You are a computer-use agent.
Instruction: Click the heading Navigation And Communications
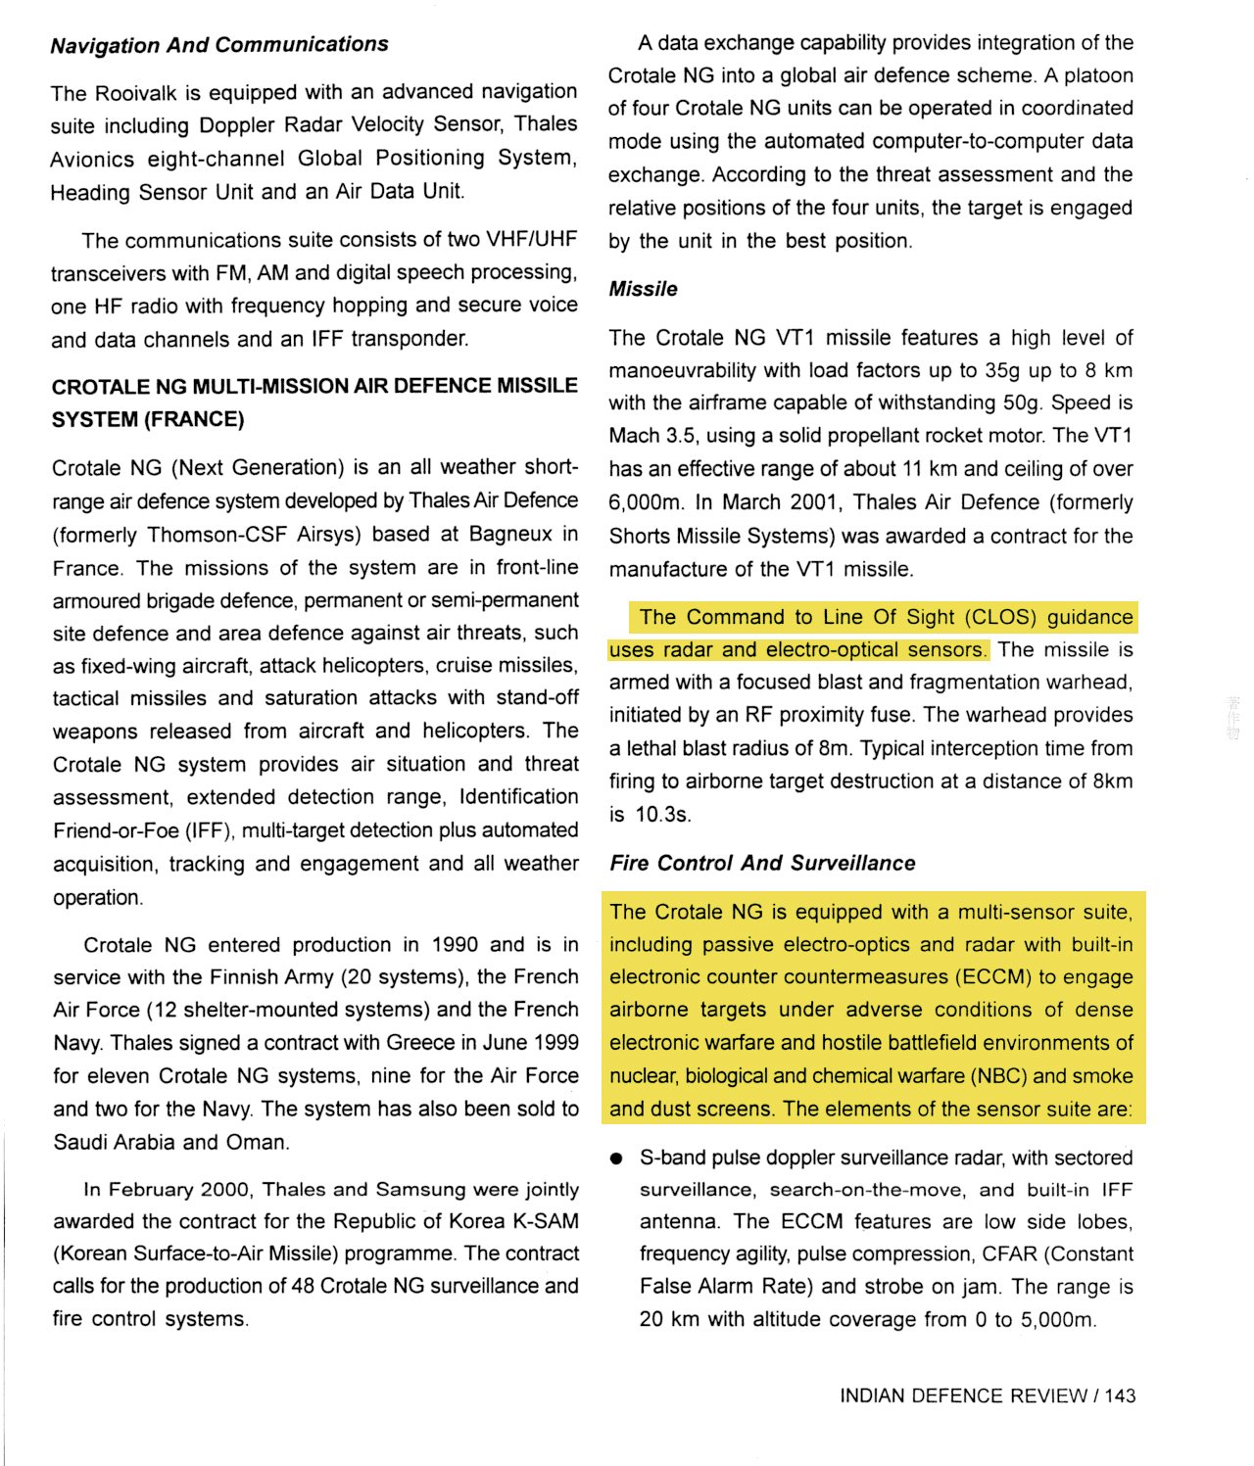219,45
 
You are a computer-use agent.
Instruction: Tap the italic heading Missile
643,289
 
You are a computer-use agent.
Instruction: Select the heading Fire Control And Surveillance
762,863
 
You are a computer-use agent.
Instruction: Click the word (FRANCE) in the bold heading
194,419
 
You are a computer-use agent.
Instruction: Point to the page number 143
1120,1395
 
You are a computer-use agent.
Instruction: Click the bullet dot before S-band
616,1159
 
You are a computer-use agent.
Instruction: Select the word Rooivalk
136,93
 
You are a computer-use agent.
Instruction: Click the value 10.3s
662,814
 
